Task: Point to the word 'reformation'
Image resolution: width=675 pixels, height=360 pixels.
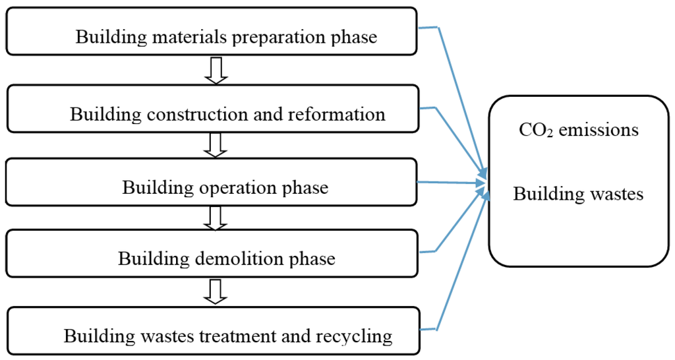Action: [x=337, y=114]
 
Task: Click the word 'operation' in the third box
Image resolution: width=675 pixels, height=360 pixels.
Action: [x=234, y=187]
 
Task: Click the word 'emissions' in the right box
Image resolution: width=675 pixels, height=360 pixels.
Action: [x=599, y=130]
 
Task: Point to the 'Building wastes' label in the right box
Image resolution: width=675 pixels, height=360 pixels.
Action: [x=578, y=194]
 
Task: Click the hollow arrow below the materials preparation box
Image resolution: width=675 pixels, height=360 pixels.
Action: [x=216, y=70]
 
